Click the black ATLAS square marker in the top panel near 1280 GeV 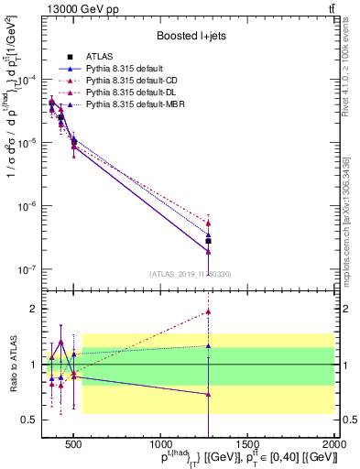coord(209,241)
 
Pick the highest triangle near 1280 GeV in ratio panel coord(209,311)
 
